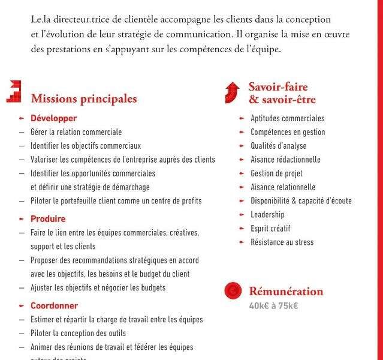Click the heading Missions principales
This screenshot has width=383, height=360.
tap(84, 99)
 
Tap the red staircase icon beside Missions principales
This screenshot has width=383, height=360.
tap(14, 91)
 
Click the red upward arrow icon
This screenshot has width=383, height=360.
tap(232, 92)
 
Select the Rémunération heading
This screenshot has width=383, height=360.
tap(286, 292)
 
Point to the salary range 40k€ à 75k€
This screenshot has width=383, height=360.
tap(273, 306)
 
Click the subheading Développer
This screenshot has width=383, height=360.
tap(53, 118)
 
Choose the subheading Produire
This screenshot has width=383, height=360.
tap(48, 219)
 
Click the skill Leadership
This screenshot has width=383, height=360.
tap(267, 215)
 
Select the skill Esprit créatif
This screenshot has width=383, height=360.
tap(270, 229)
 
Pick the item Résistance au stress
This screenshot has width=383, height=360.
tap(282, 242)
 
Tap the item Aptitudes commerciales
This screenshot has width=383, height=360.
tap(287, 118)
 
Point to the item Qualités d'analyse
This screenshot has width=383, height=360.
tap(278, 146)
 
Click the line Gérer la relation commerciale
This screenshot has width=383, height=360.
tap(76, 132)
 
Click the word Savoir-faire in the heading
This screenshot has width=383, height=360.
tap(278, 87)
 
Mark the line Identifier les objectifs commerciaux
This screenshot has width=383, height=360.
tap(86, 146)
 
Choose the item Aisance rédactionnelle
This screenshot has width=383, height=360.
tap(285, 160)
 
